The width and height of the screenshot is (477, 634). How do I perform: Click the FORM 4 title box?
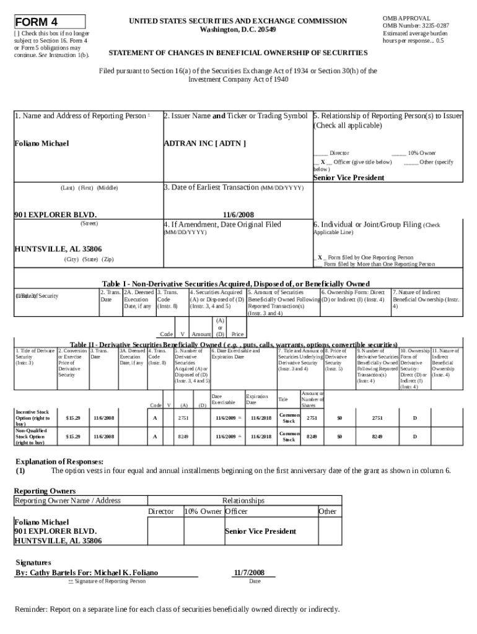tap(50, 22)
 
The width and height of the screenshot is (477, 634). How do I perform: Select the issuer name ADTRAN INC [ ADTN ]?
tap(204, 144)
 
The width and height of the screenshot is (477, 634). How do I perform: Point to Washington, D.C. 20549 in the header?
tap(238, 30)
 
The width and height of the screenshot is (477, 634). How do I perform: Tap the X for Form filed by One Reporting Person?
tap(320, 257)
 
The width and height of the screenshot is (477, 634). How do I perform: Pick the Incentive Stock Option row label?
tap(32, 419)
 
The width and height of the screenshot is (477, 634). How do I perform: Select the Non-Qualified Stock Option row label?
tap(32, 436)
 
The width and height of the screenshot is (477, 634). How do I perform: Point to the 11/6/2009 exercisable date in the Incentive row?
tap(227, 419)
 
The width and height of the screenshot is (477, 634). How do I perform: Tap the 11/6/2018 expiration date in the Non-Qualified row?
tap(261, 436)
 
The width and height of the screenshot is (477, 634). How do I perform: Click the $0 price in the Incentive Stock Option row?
tap(339, 419)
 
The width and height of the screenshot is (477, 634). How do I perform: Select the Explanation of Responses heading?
tap(59, 461)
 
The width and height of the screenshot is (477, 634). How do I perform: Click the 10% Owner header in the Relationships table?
tap(203, 511)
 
